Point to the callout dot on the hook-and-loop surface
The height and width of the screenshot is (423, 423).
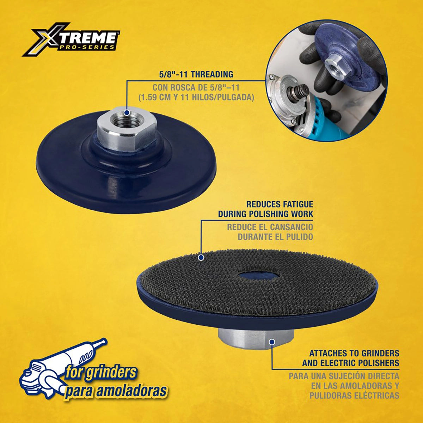(x=201, y=258)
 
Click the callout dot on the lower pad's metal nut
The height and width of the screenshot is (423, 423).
(x=272, y=342)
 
